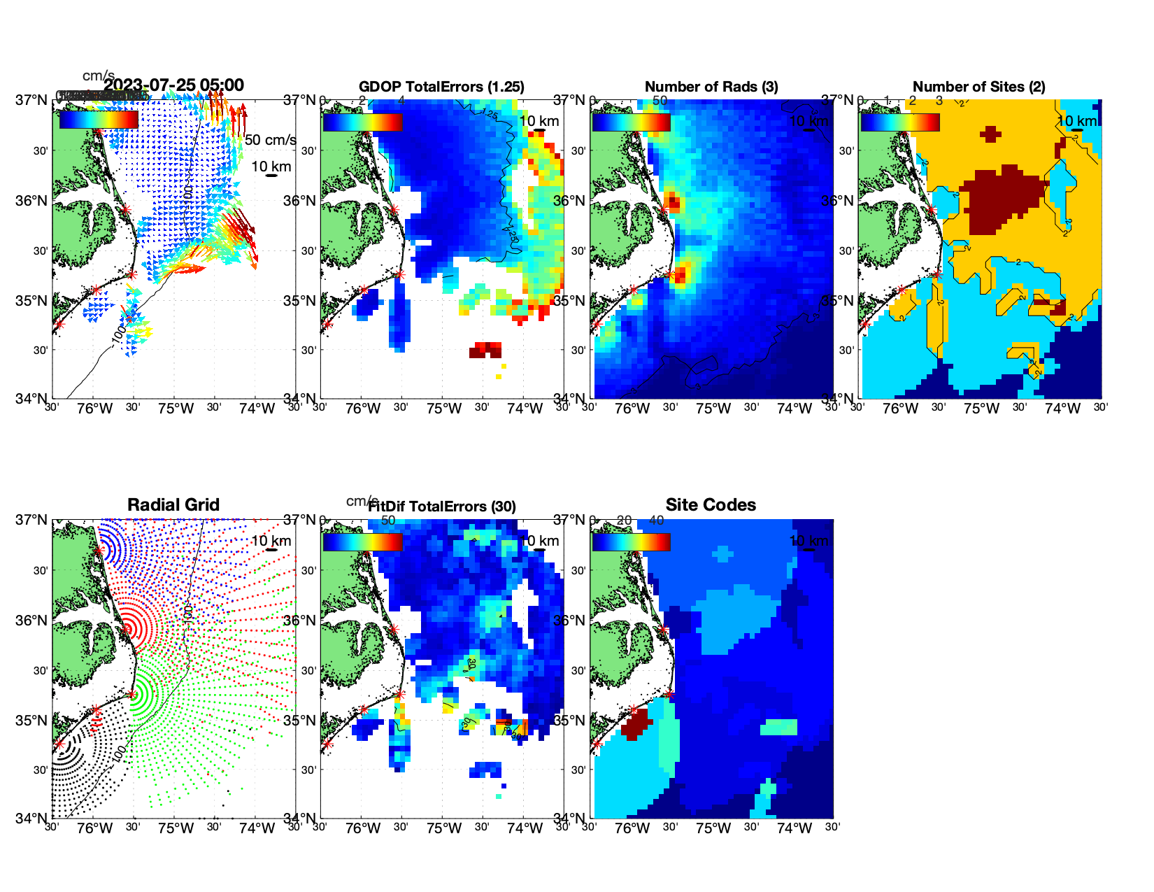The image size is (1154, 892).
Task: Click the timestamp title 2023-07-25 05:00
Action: tap(174, 85)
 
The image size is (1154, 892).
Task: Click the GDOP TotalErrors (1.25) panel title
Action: tap(441, 87)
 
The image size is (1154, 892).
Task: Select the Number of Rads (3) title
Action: tap(711, 87)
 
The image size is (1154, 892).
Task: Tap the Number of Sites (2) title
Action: tap(979, 87)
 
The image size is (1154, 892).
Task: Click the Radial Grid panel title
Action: tap(173, 505)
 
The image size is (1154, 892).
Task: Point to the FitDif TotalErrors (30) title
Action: tap(442, 507)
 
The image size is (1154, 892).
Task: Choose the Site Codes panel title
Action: tap(711, 505)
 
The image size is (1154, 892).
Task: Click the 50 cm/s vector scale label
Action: tap(270, 140)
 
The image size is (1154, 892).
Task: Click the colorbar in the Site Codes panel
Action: tap(631, 541)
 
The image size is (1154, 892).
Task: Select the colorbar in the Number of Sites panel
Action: tap(900, 122)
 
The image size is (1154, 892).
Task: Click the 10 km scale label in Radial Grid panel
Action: tap(271, 541)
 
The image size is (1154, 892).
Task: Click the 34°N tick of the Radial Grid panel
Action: tap(31, 818)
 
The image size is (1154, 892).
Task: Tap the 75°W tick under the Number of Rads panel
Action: tap(713, 409)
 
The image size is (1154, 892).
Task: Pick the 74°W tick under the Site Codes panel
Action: tap(795, 828)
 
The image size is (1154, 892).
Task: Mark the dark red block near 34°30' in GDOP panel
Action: tap(485, 350)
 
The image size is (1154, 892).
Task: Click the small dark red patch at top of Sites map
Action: tap(990, 134)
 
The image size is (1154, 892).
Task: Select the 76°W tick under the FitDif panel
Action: tap(363, 828)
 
